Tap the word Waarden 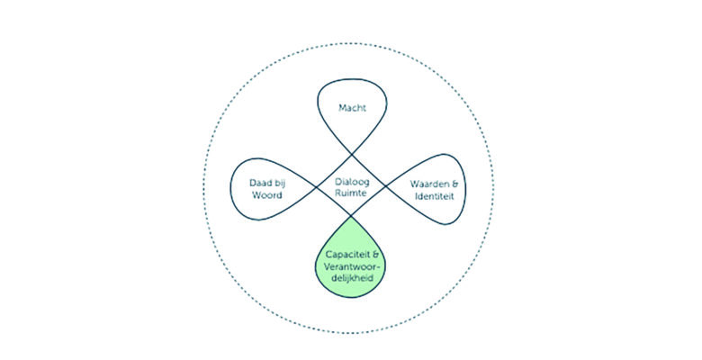click(425, 184)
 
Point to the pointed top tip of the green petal click(351, 217)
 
